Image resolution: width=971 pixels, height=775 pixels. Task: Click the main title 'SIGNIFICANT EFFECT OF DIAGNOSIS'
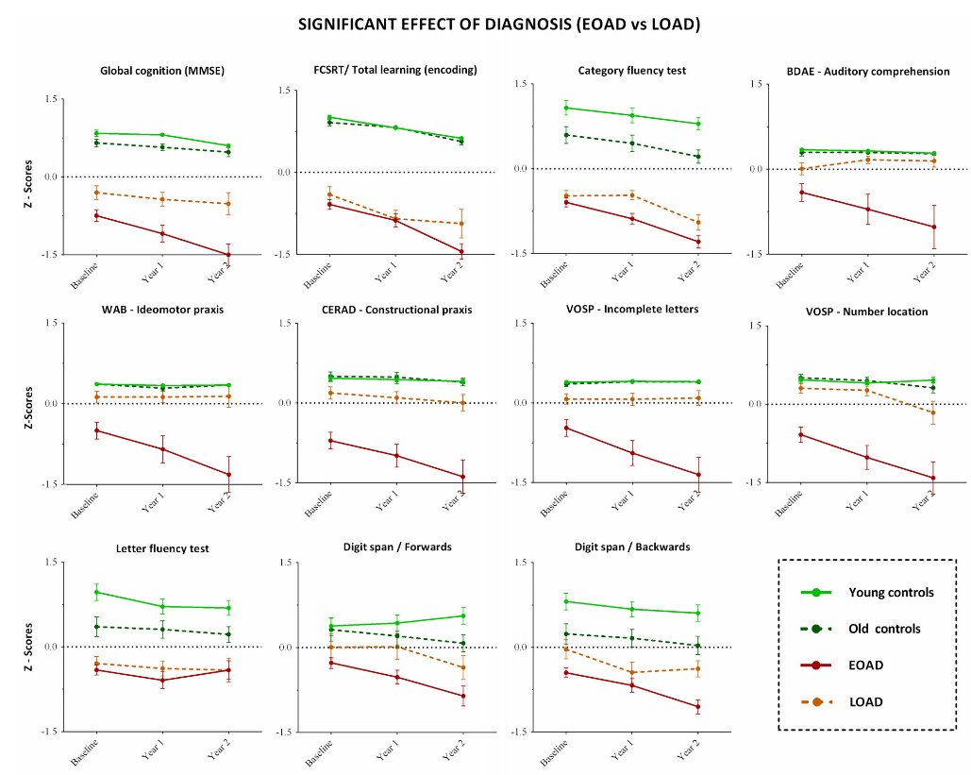pos(499,24)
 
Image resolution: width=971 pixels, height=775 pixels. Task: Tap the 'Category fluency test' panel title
pos(631,70)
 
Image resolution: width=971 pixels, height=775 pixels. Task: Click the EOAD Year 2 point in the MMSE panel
pos(227,255)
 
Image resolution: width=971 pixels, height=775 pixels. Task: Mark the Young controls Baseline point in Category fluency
pos(566,108)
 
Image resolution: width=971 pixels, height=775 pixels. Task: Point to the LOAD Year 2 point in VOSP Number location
pos(931,413)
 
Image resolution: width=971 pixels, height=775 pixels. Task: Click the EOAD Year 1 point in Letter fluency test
pos(162,680)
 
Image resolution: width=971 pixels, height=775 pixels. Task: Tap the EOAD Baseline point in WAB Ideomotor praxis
pos(97,430)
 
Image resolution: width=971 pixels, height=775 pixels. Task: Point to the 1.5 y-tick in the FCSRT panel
pos(283,91)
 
